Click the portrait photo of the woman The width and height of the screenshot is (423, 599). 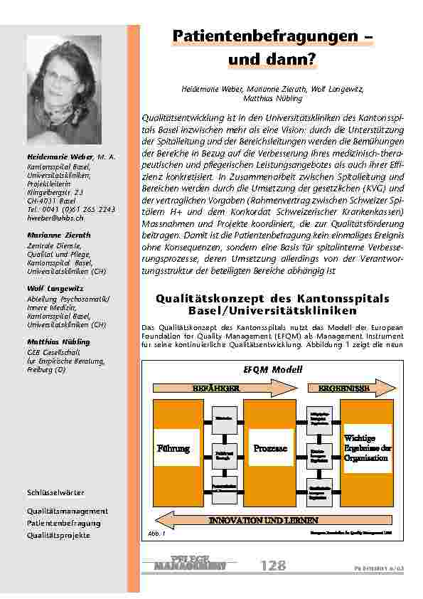[65, 89]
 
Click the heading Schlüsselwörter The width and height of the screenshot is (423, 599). [55, 492]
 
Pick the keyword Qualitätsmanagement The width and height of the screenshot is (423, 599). [68, 511]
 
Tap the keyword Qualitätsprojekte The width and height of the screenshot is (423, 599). [59, 535]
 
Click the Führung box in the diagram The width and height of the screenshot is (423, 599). [173, 448]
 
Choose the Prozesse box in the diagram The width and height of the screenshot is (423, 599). [269, 448]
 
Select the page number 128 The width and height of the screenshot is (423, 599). [273, 566]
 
